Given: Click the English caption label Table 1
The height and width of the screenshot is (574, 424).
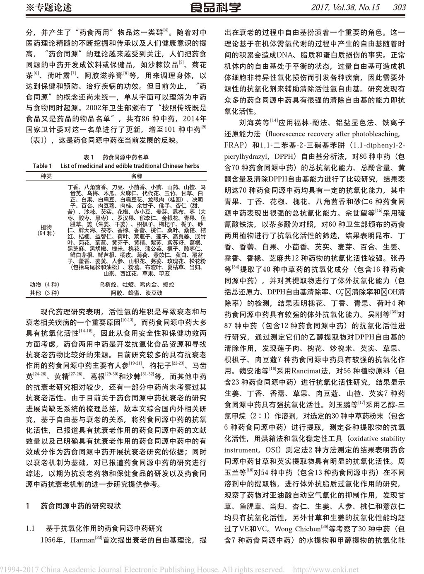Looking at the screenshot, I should click(x=42, y=166).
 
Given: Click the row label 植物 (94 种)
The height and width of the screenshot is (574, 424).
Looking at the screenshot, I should click(x=46, y=230).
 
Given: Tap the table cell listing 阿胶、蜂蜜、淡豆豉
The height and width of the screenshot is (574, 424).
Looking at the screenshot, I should click(x=137, y=293).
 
